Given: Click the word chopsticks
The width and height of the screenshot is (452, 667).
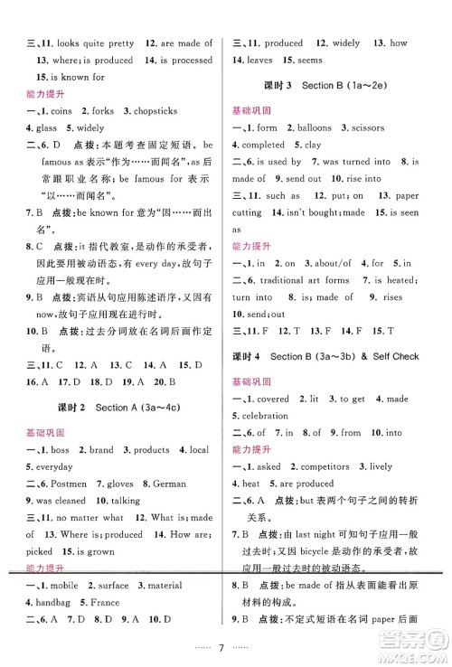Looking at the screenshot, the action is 162,111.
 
